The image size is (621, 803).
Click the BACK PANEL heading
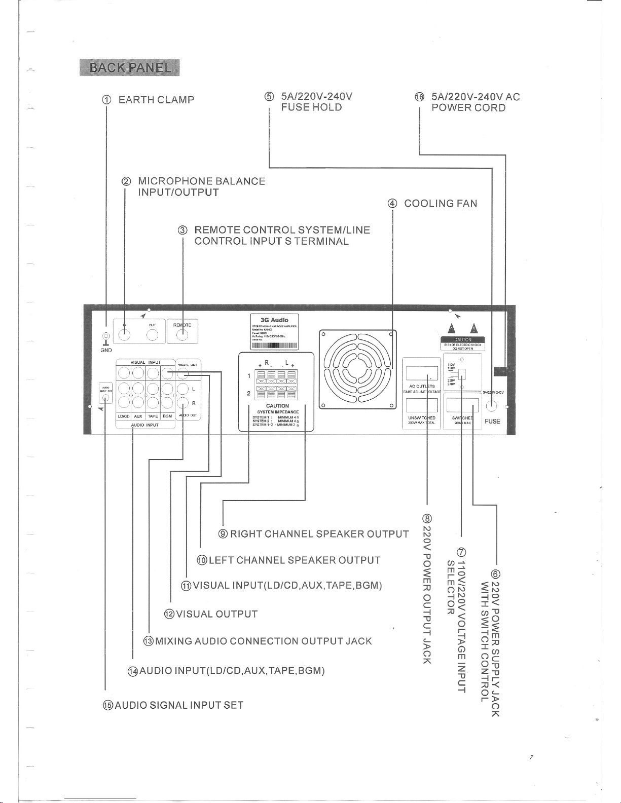coord(129,67)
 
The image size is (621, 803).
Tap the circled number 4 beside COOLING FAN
coord(392,204)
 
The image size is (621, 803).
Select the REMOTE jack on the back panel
coord(183,334)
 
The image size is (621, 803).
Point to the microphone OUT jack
coord(153,334)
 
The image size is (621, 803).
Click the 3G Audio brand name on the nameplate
coord(274,320)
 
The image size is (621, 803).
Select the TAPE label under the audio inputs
coord(153,416)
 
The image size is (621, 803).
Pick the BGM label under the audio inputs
coord(167,416)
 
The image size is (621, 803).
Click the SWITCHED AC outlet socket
coord(462,404)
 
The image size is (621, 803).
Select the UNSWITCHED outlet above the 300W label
coord(422,405)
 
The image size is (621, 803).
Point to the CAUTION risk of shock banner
coord(463,339)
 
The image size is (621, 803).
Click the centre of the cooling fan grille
coord(357,369)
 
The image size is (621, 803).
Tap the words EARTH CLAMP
coord(156,100)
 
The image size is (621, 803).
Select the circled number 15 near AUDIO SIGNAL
coord(107,705)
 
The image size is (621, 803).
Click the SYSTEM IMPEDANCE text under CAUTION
coord(278,412)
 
